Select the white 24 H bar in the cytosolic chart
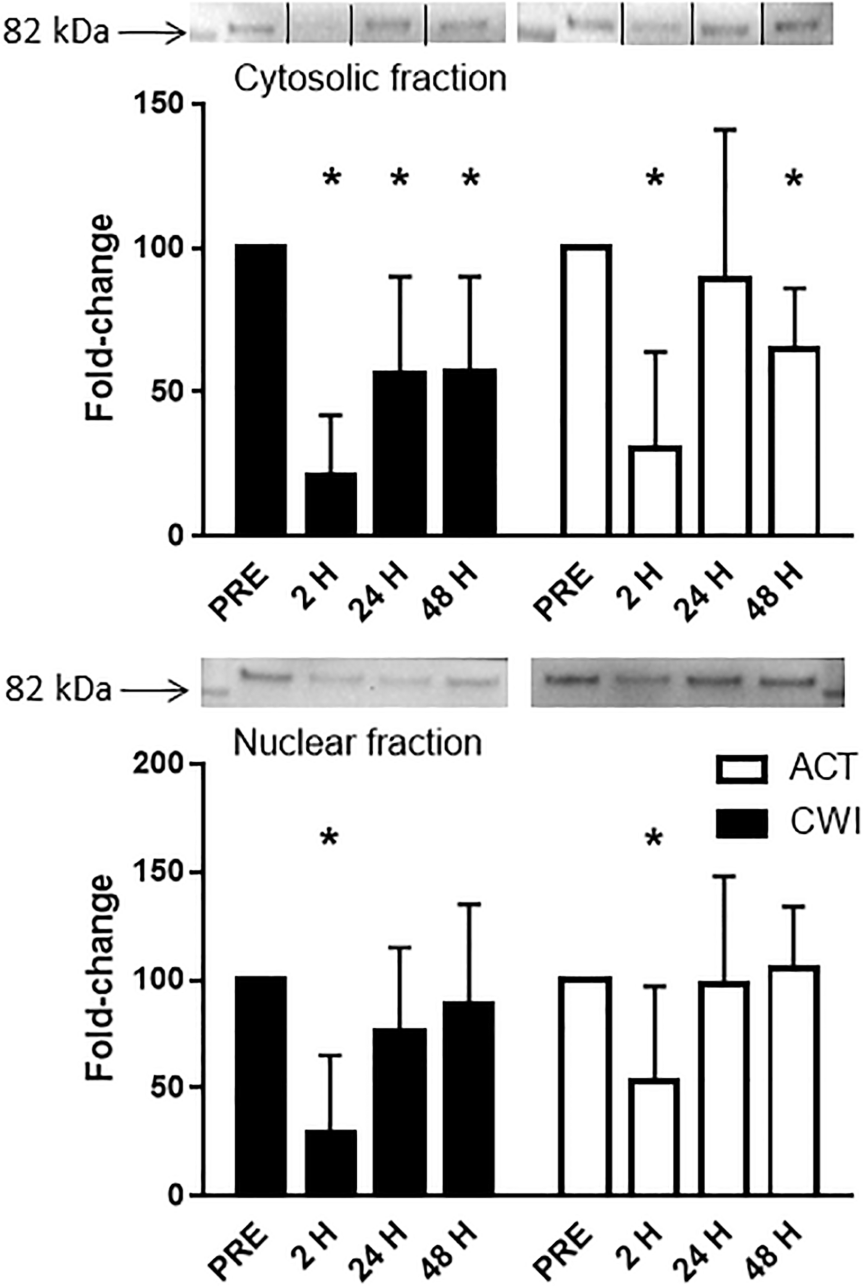coord(725,405)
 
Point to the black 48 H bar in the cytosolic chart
coord(469,452)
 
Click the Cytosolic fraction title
coord(370,79)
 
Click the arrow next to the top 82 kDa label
coord(151,34)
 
